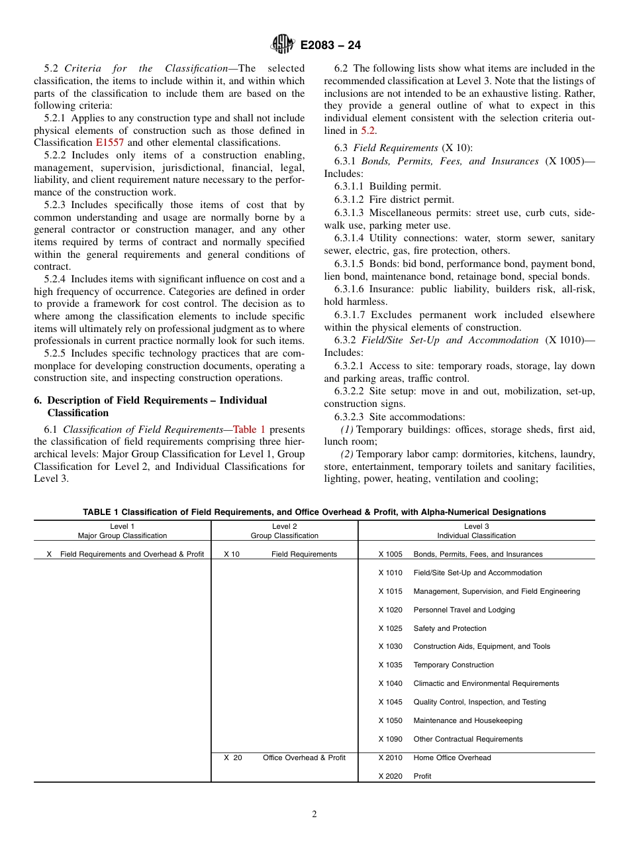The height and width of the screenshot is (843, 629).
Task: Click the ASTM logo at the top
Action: [x=283, y=45]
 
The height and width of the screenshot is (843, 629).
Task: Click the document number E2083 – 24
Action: [x=330, y=46]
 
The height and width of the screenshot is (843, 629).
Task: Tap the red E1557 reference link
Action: [x=109, y=142]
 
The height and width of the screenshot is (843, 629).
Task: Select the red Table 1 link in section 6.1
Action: [x=249, y=429]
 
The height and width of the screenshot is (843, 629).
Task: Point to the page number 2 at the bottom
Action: [x=314, y=815]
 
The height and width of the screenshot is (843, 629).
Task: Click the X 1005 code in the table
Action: [x=390, y=554]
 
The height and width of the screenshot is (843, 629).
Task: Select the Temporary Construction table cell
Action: [x=453, y=665]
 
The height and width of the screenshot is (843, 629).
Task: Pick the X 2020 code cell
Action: [x=390, y=776]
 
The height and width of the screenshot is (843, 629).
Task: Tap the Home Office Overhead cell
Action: [x=452, y=758]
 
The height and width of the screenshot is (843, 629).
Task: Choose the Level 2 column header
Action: [x=284, y=531]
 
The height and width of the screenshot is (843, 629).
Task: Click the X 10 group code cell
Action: [x=232, y=554]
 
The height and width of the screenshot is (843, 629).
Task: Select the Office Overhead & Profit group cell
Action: [x=304, y=758]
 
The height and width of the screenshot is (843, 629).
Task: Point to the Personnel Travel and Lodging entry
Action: [x=463, y=610]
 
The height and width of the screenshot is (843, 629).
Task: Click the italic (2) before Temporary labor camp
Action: [x=347, y=454]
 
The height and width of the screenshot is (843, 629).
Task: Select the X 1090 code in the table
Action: [x=390, y=739]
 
